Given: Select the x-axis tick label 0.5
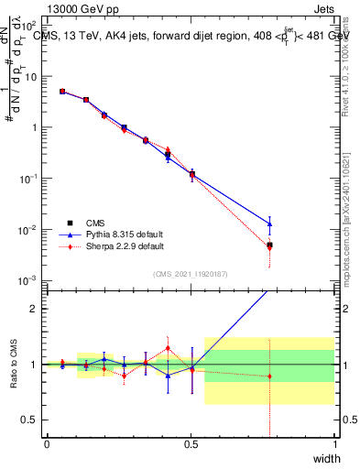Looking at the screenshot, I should click(x=191, y=444).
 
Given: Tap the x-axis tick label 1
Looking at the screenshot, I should click(x=334, y=444).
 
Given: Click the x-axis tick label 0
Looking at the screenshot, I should click(x=47, y=444).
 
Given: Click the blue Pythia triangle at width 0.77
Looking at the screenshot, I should click(x=269, y=224).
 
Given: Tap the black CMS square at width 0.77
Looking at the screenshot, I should click(x=269, y=245).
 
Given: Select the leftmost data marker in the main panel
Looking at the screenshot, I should click(x=62, y=92).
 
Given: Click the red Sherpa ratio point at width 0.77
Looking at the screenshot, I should click(x=269, y=376).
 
